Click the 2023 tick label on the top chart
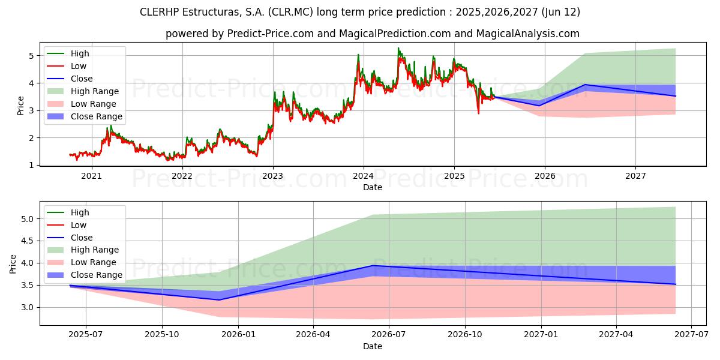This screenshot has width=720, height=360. click(x=272, y=176)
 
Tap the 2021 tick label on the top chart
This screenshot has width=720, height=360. click(x=91, y=176)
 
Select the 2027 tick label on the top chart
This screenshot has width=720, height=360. click(x=635, y=176)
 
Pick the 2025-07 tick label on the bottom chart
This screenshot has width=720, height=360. click(x=85, y=335)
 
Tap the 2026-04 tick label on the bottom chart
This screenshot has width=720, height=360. click(x=314, y=335)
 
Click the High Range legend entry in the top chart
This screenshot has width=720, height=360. click(x=95, y=91)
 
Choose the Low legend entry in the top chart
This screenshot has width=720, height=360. click(x=79, y=66)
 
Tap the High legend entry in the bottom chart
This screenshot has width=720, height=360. click(x=80, y=212)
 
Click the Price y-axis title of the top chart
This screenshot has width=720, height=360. click(x=20, y=106)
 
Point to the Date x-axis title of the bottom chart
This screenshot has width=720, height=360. click(x=372, y=346)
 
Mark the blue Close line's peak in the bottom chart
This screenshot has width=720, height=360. click(x=373, y=265)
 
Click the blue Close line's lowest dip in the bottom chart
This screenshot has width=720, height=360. click(x=219, y=300)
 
